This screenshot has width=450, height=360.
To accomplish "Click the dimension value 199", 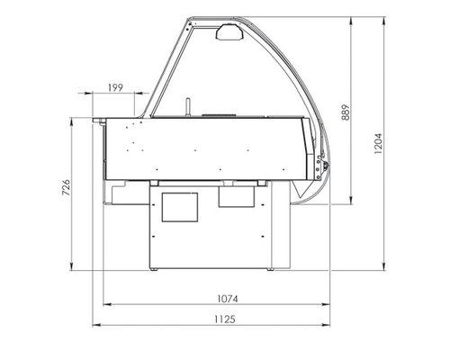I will pos(115,86).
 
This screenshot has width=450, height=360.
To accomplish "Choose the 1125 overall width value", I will pos(214,319).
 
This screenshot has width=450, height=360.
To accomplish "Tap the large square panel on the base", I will pos(178,208).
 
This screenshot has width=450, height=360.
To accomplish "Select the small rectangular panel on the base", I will pos(238,195).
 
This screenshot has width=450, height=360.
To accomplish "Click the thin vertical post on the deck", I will pos(188,107).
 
